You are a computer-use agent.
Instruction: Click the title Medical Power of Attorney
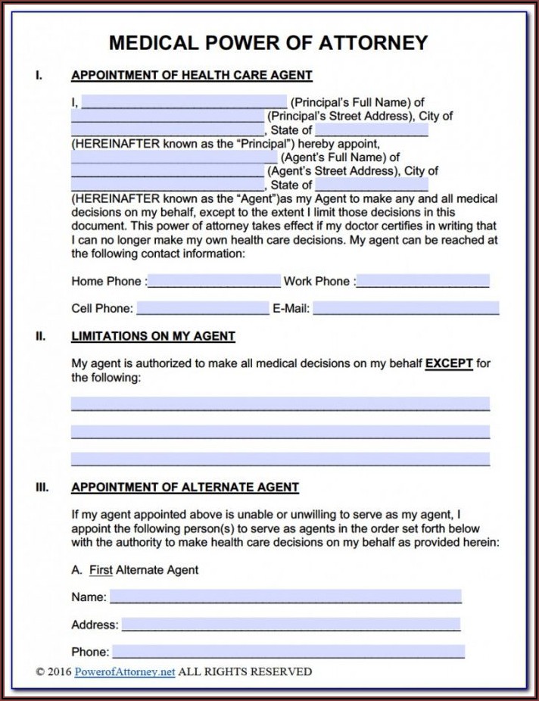(269, 42)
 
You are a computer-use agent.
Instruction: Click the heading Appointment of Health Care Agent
(192, 76)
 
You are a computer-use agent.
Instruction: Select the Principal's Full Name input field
(184, 102)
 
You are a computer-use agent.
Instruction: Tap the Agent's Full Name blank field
(174, 157)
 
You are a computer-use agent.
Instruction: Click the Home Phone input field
(214, 281)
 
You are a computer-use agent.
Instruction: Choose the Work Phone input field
(422, 281)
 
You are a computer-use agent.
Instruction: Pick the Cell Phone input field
(202, 308)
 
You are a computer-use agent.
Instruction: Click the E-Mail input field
(407, 308)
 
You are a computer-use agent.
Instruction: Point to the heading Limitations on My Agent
(153, 336)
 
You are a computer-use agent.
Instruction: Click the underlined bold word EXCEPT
(449, 363)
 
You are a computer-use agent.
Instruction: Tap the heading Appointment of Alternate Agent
(185, 488)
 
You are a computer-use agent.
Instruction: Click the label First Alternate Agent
(144, 569)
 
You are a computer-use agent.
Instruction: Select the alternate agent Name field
(285, 597)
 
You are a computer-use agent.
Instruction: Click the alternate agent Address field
(291, 625)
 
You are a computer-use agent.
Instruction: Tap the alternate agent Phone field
(288, 651)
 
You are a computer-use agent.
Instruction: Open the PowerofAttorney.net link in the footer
(125, 671)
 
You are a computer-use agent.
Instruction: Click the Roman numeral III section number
(42, 488)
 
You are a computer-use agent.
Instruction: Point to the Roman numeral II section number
(40, 336)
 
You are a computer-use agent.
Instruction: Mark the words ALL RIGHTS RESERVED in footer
(245, 671)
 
